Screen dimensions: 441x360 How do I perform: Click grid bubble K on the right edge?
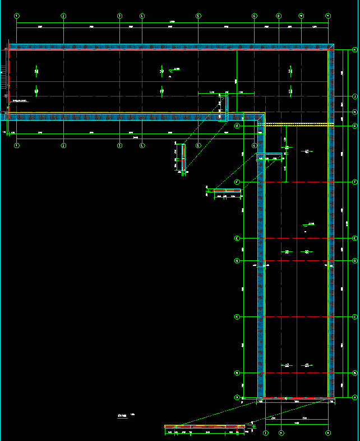click(354, 50)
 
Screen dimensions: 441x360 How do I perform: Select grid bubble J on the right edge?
click(354, 97)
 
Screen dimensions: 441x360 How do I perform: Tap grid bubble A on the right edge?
click(354, 397)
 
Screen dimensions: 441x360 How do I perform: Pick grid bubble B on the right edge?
click(354, 373)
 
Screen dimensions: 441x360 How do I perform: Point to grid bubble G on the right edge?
click(354, 126)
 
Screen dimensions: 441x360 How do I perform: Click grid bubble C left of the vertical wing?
click(237, 317)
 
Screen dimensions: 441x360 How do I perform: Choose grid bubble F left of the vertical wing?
click(237, 182)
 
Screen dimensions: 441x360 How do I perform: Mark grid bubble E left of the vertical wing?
click(237, 238)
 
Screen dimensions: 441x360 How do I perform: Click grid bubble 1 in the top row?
click(17, 16)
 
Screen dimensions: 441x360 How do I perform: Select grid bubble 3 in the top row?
click(119, 16)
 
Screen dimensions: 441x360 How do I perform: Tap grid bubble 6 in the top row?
click(255, 16)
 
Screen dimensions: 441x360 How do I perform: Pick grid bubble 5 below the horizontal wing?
click(199, 145)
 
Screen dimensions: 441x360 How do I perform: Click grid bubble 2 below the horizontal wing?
click(63, 145)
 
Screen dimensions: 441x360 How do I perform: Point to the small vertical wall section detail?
click(183, 157)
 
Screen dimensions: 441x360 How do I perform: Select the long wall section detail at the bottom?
click(205, 427)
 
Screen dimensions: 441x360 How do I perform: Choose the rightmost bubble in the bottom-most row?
click(329, 433)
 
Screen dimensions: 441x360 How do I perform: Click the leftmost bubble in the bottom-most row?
click(265, 433)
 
